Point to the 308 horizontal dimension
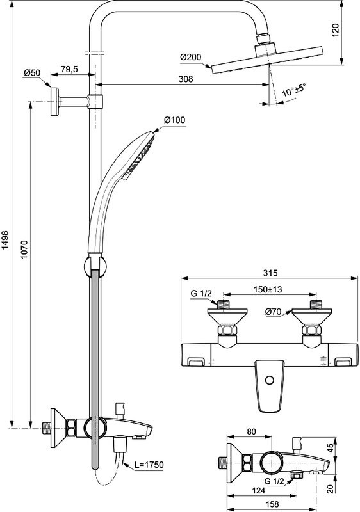[186, 80]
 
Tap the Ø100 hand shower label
[174, 120]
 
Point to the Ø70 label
[274, 313]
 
